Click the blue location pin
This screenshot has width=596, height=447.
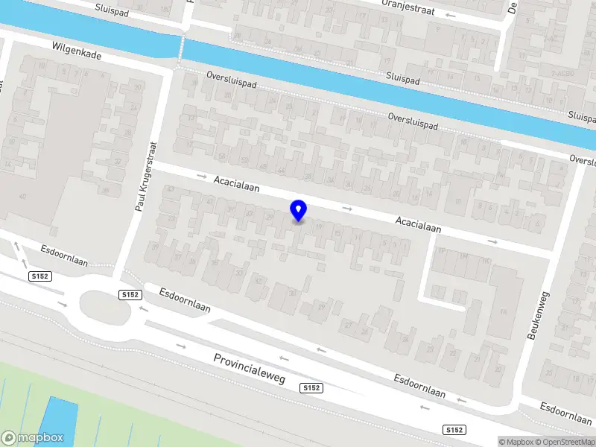(299, 210)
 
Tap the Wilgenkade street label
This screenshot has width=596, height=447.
(77, 51)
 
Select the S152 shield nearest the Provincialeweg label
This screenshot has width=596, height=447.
(311, 388)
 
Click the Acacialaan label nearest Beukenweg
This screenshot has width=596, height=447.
(418, 225)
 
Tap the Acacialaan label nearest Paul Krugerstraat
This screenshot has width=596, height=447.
(236, 184)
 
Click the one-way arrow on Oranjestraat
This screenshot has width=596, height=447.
(449, 14)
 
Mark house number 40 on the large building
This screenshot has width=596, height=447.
(23, 197)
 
